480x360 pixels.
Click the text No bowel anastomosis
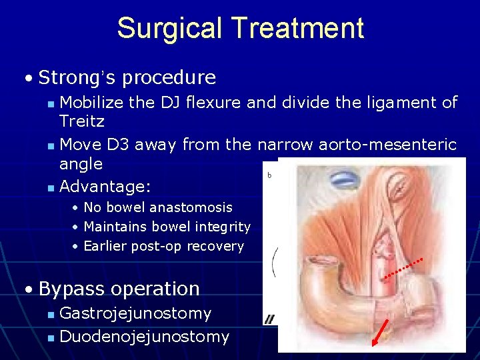click(158, 207)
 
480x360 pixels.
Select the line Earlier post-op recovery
click(164, 246)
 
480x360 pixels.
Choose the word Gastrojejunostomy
click(135, 313)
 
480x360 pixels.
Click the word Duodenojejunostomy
click(144, 337)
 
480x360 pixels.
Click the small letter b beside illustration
click(269, 175)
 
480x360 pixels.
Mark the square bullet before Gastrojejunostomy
click(52, 314)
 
